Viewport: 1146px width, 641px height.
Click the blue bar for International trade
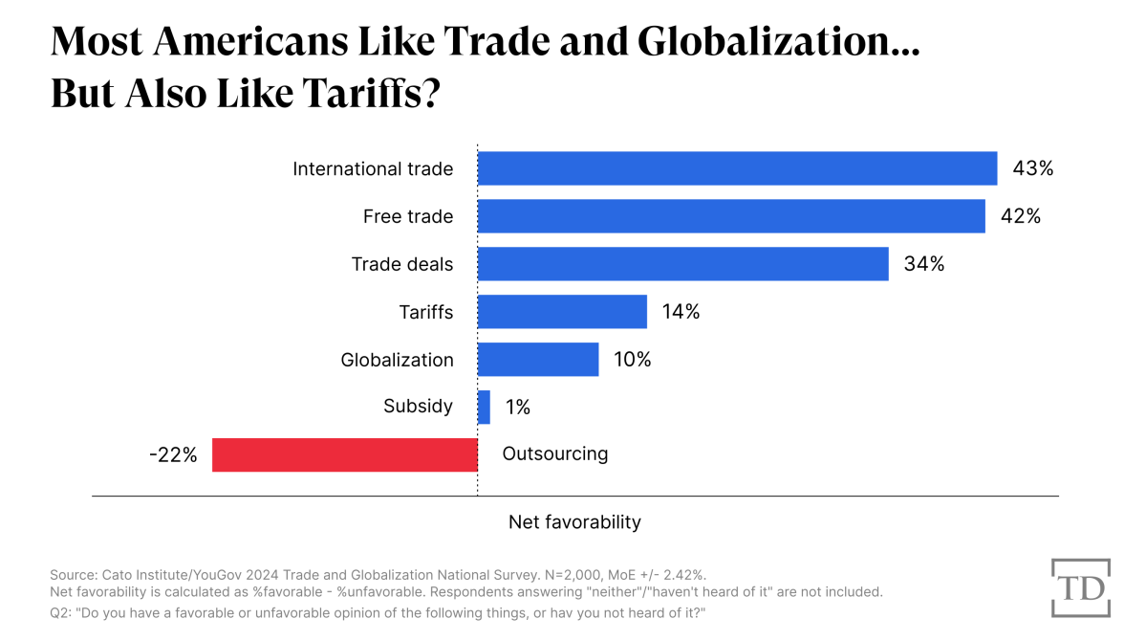click(737, 168)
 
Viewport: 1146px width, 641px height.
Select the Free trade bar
click(731, 216)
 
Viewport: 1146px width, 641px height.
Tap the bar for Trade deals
click(682, 264)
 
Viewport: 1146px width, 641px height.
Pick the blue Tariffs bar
click(562, 312)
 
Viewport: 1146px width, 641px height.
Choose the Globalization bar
click(538, 360)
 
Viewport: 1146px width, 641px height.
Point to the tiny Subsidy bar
click(484, 407)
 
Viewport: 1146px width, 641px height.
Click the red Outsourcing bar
click(344, 454)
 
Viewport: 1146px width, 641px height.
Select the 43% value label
click(1032, 168)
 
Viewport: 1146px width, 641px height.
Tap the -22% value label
click(173, 455)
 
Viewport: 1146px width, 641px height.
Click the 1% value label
click(517, 408)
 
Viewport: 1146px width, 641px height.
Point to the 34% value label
click(923, 264)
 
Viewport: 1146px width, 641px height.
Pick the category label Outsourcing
click(554, 454)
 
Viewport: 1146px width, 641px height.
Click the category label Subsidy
click(418, 407)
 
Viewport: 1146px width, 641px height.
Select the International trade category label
click(373, 169)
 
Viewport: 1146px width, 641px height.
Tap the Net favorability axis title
click(574, 522)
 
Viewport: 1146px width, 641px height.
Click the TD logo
click(1080, 587)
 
